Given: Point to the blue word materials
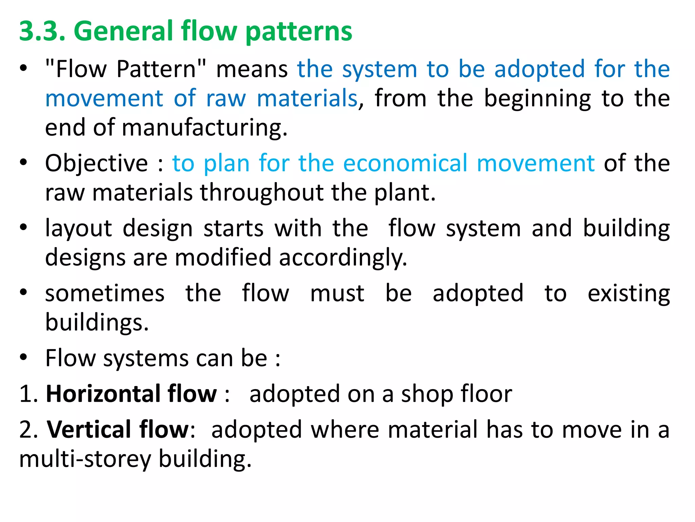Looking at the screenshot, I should click(x=307, y=99).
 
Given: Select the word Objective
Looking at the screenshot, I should click(x=97, y=164).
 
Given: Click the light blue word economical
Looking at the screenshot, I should click(x=406, y=163).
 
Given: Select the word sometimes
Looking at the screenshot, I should click(x=105, y=294).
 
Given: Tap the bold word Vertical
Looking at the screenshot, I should click(x=89, y=430).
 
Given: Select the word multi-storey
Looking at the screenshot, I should click(x=85, y=459).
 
